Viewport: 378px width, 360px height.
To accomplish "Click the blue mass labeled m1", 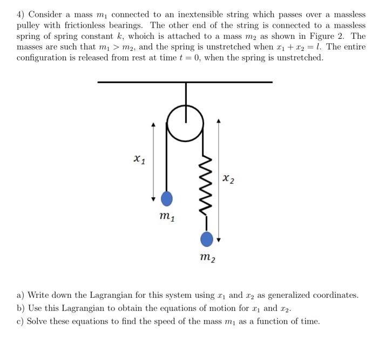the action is tap(167, 199).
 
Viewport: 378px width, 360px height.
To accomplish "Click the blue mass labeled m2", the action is tap(206, 238).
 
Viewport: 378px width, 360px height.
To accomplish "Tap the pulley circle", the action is tap(186, 123).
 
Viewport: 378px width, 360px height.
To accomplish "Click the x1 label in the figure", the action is tap(139, 159).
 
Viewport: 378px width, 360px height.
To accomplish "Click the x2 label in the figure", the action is tap(229, 179).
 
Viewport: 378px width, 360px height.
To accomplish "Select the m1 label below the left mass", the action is tap(167, 217).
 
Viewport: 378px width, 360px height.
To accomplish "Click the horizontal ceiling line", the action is tap(185, 82).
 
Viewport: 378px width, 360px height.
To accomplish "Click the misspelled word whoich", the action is tap(143, 36).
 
